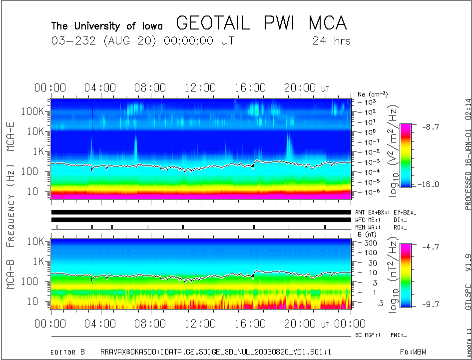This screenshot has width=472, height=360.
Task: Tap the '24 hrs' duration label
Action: (331, 41)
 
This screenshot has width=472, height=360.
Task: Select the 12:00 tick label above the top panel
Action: (200, 88)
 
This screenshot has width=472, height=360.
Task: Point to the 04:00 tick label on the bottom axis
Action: (100, 323)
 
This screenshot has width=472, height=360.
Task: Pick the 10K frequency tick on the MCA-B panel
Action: (36, 241)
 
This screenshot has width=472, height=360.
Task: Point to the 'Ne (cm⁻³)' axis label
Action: (373, 94)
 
